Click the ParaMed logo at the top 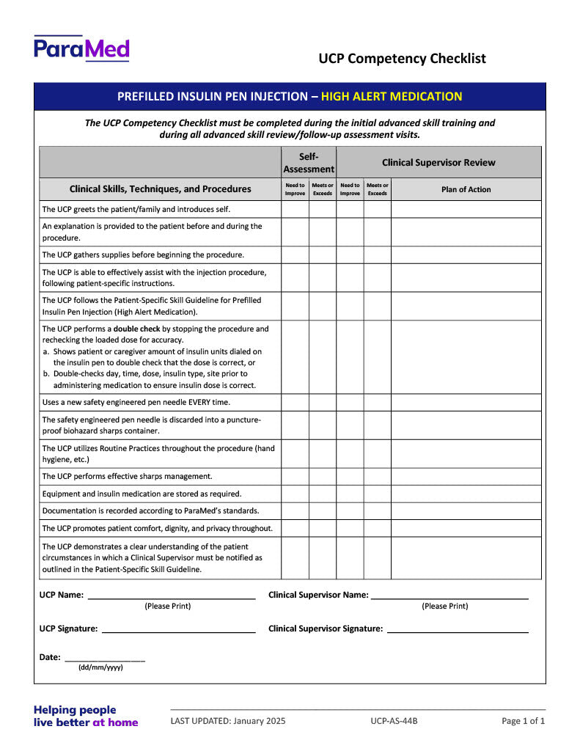click(x=81, y=48)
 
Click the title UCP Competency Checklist click(x=402, y=59)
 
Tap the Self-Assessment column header click(x=309, y=162)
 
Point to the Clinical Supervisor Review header click(x=438, y=162)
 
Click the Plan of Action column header click(x=466, y=189)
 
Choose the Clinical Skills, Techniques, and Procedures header click(x=160, y=189)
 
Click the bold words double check click(x=137, y=329)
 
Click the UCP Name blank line click(x=172, y=598)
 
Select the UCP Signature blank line click(x=178, y=631)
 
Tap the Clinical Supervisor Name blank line click(x=449, y=598)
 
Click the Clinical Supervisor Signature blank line click(x=458, y=631)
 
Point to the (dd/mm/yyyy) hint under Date click(x=100, y=667)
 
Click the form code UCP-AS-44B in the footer click(x=394, y=721)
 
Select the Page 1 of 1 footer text click(x=524, y=721)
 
